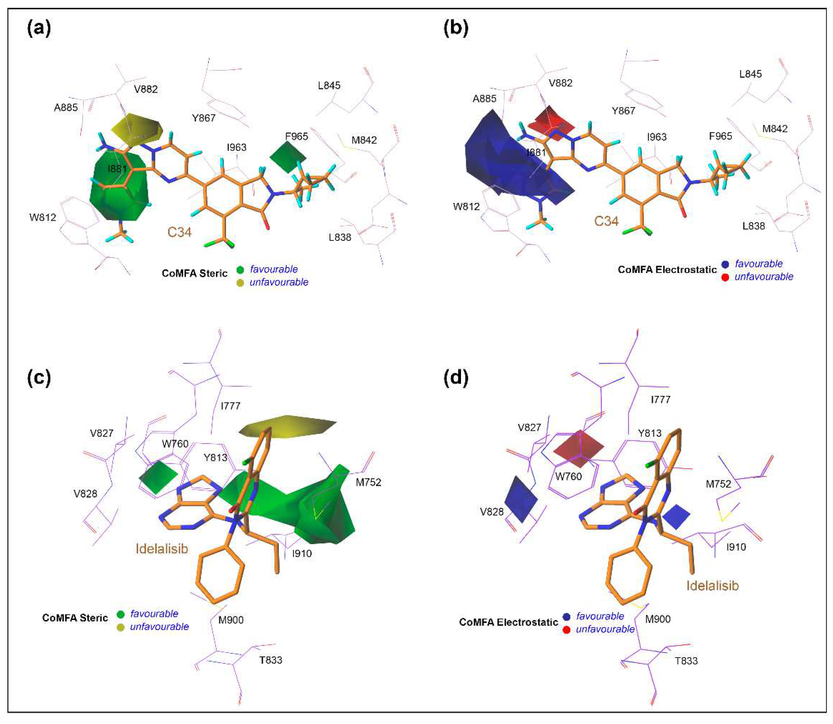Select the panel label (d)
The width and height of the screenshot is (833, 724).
click(456, 378)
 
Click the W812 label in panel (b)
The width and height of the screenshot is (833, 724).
click(466, 207)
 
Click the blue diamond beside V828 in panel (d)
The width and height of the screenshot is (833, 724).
click(521, 499)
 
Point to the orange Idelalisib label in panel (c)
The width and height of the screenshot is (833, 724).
click(162, 548)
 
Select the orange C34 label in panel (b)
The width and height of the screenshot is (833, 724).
click(606, 221)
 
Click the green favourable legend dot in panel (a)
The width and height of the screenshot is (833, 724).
click(240, 270)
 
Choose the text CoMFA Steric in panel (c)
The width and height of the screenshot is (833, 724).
click(75, 618)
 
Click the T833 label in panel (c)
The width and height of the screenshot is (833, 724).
click(271, 660)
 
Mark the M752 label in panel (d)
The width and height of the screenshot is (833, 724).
click(718, 484)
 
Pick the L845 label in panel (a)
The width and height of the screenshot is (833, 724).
click(329, 85)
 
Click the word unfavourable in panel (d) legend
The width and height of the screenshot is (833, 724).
click(605, 629)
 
